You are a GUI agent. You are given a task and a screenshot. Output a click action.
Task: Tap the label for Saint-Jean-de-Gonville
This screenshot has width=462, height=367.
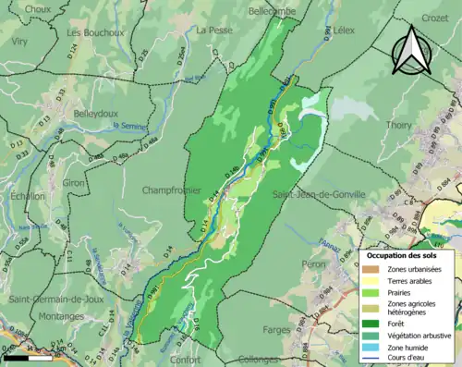[x=319, y=193]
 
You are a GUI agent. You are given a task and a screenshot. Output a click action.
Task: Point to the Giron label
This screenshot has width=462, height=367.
[x=74, y=183]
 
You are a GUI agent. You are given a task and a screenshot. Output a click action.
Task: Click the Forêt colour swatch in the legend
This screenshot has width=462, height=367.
[x=376, y=324]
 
